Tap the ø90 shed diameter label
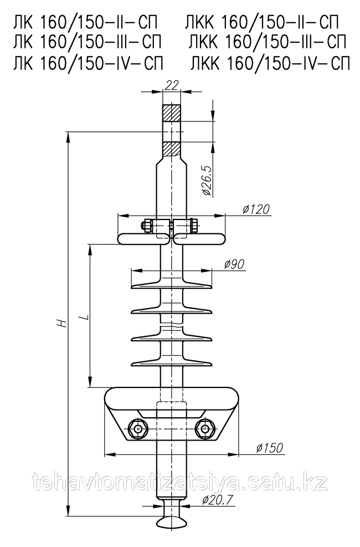pos(234,264)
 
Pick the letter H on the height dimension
pos(61,324)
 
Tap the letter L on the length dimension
pos(84,317)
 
